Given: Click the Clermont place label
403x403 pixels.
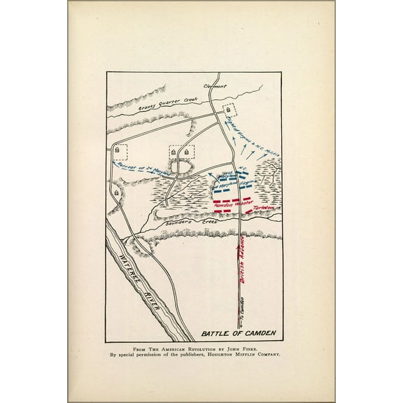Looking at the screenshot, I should (x=215, y=85).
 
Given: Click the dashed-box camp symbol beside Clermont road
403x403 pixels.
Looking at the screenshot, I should (x=229, y=111).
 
